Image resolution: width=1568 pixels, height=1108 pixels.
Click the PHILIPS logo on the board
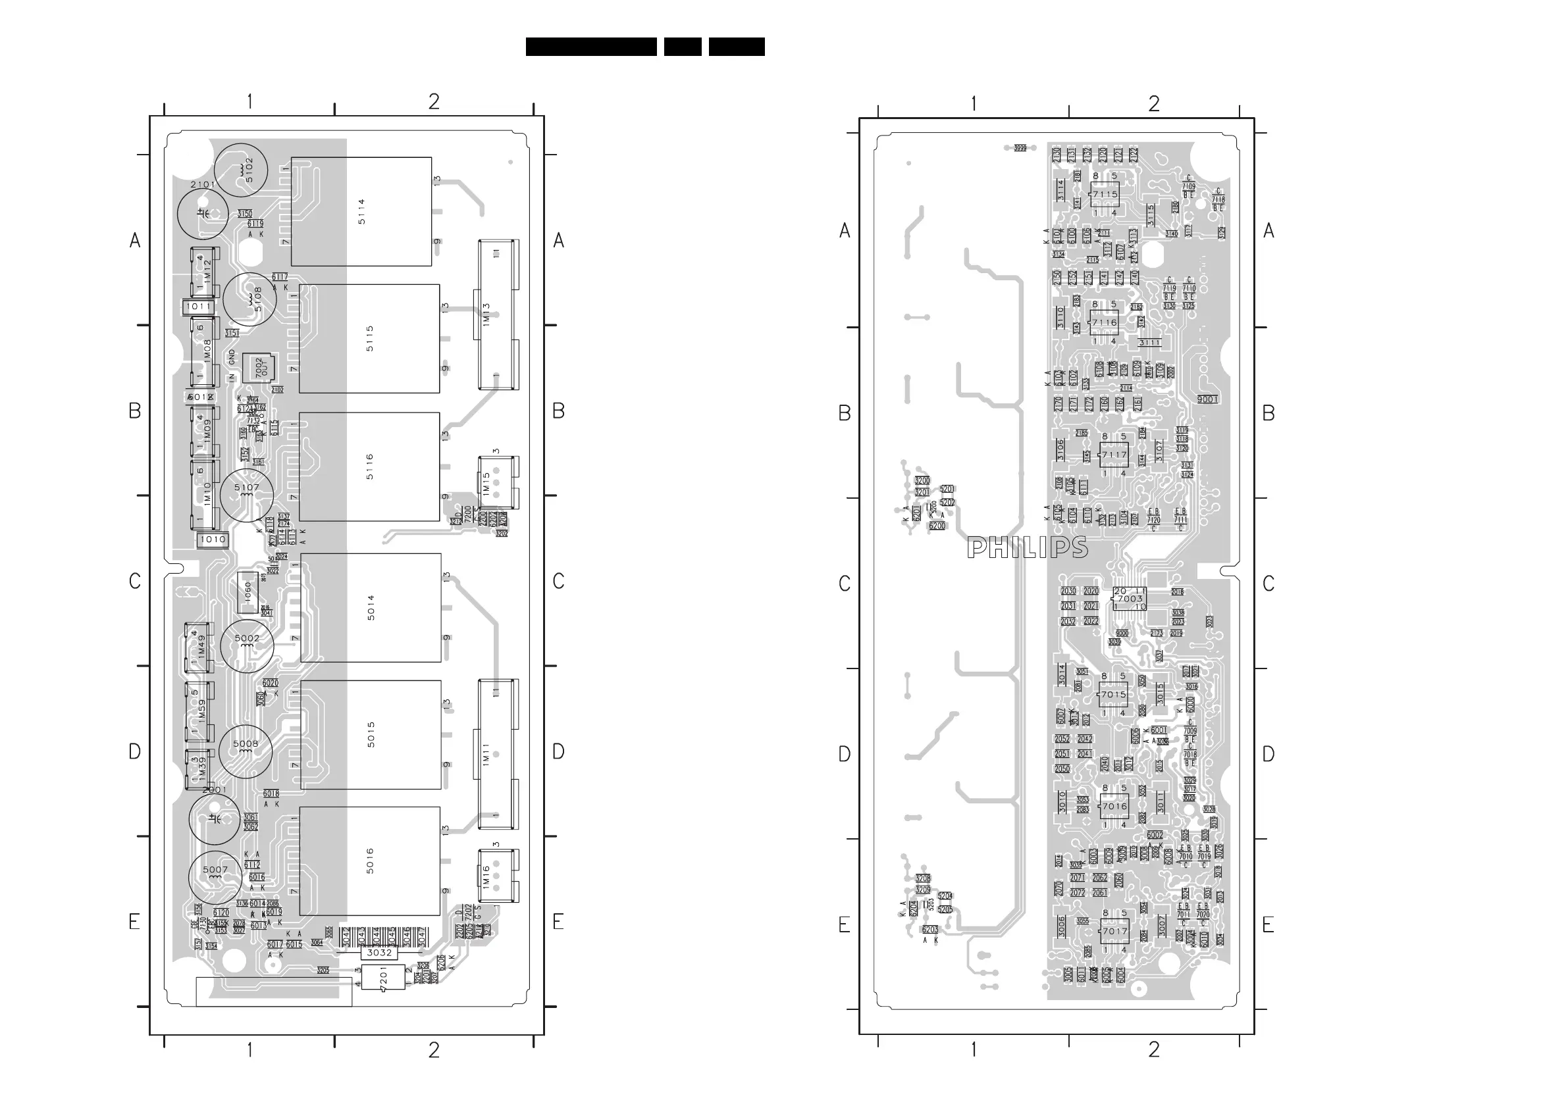tap(1027, 547)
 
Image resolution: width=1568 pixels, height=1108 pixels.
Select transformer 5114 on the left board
tap(361, 212)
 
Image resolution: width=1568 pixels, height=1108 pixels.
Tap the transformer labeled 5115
tap(369, 339)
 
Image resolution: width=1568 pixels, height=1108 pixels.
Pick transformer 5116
tap(369, 466)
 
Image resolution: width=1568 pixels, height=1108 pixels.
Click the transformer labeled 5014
tap(371, 607)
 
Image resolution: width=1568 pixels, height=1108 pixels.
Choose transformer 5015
tap(371, 734)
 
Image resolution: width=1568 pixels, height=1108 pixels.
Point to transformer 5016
tap(369, 861)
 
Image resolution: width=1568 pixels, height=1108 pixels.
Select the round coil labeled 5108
tap(250, 299)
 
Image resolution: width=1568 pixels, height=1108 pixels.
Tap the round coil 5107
tap(247, 493)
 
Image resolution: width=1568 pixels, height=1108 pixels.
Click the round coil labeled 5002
tap(247, 645)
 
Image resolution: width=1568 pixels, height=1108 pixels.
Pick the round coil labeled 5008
tap(245, 751)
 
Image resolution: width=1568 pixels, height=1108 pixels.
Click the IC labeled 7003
tap(1130, 599)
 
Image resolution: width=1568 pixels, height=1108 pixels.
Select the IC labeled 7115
tap(1105, 195)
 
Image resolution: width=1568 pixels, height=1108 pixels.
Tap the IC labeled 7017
tap(1114, 931)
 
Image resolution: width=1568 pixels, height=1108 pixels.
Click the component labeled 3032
tap(379, 952)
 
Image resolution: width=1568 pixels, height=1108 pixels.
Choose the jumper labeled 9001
tap(1207, 399)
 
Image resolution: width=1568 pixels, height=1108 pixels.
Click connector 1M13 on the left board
tap(498, 315)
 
